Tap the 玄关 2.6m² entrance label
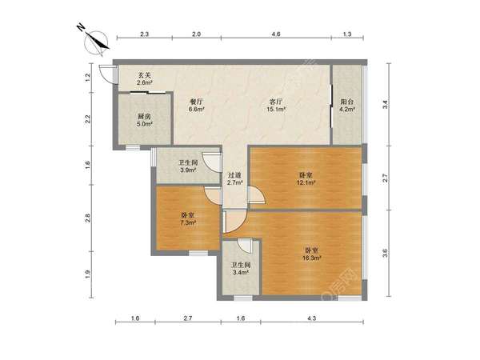[x=145, y=78]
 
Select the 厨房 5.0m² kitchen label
[x=145, y=120]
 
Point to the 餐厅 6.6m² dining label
[x=196, y=105]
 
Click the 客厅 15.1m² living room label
[x=276, y=105]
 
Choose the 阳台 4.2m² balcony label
[x=347, y=105]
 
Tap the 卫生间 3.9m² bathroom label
[x=188, y=166]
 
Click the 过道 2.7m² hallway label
[x=234, y=179]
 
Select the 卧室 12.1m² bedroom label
[x=306, y=179]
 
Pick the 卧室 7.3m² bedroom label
[x=188, y=219]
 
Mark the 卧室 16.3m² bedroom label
[x=312, y=254]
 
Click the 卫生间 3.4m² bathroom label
[x=242, y=269]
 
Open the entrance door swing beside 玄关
[x=106, y=74]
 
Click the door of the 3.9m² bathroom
[x=212, y=162]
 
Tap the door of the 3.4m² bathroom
[x=245, y=246]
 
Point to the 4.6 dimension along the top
[x=276, y=34]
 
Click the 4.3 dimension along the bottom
[x=312, y=318]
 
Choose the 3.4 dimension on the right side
[x=386, y=104]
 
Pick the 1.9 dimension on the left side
[x=87, y=274]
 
